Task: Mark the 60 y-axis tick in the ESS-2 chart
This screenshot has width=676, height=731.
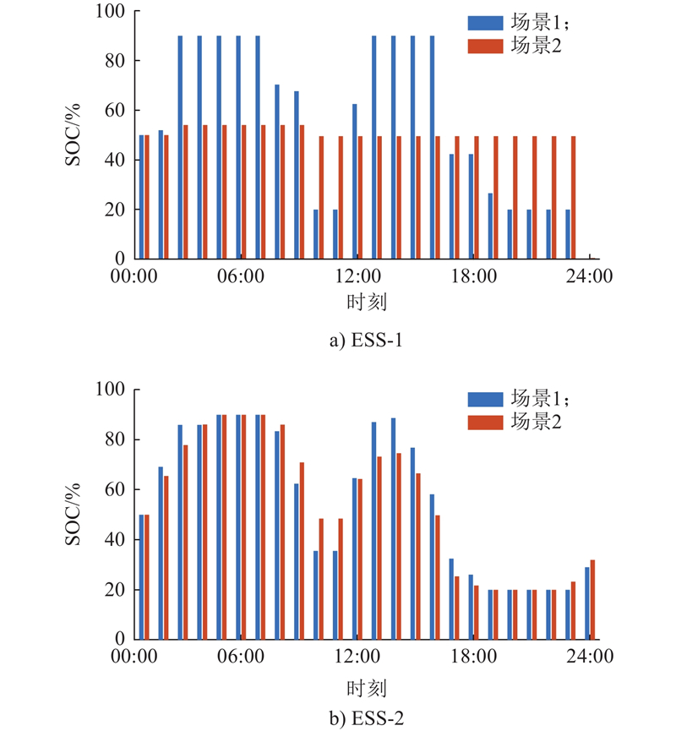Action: click(117, 489)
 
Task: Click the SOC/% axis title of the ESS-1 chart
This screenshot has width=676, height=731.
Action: click(74, 135)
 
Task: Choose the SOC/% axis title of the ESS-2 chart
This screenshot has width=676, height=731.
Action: click(74, 514)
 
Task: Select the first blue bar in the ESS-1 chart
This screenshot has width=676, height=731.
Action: click(141, 197)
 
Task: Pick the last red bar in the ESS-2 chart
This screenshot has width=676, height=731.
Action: click(593, 599)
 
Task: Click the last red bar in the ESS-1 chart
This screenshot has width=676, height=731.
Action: click(574, 197)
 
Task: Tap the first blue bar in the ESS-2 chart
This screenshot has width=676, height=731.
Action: click(141, 577)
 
